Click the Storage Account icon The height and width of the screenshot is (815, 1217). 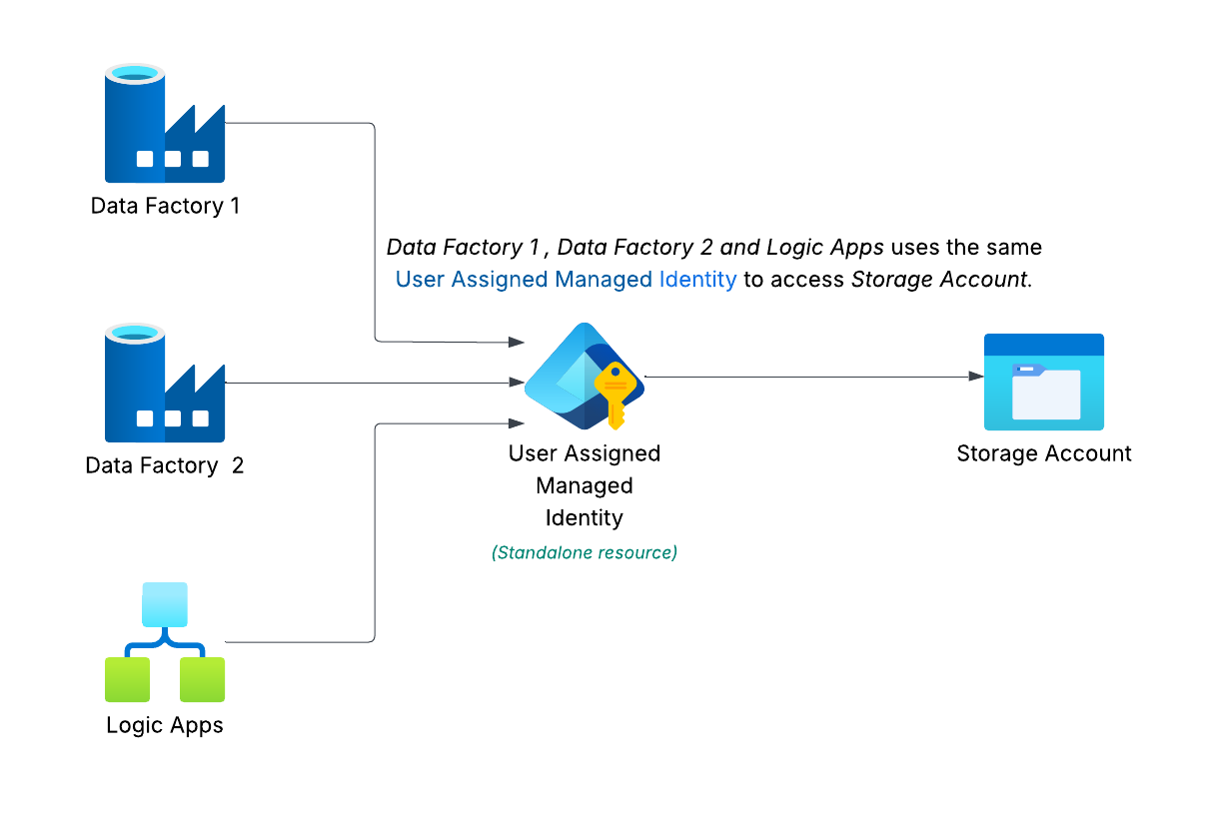coord(1044,382)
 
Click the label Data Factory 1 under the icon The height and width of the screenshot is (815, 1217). coord(165,207)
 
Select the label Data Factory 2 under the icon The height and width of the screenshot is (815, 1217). coord(165,465)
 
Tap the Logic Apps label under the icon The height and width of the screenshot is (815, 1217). coord(165,725)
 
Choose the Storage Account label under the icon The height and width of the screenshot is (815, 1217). coord(1044,453)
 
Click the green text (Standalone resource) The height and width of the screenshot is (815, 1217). coord(585,552)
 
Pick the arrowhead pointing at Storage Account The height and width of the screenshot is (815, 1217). coord(976,377)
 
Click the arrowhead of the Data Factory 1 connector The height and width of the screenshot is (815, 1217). coord(517,343)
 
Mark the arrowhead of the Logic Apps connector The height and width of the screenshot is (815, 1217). coord(517,423)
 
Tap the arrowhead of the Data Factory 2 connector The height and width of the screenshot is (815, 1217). coord(517,383)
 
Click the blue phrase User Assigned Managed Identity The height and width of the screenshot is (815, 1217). coord(566,280)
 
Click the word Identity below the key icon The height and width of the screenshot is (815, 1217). coord(585,518)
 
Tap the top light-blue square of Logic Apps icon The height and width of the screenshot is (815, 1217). coord(165,602)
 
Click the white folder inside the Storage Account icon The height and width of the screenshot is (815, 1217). coord(1046,394)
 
